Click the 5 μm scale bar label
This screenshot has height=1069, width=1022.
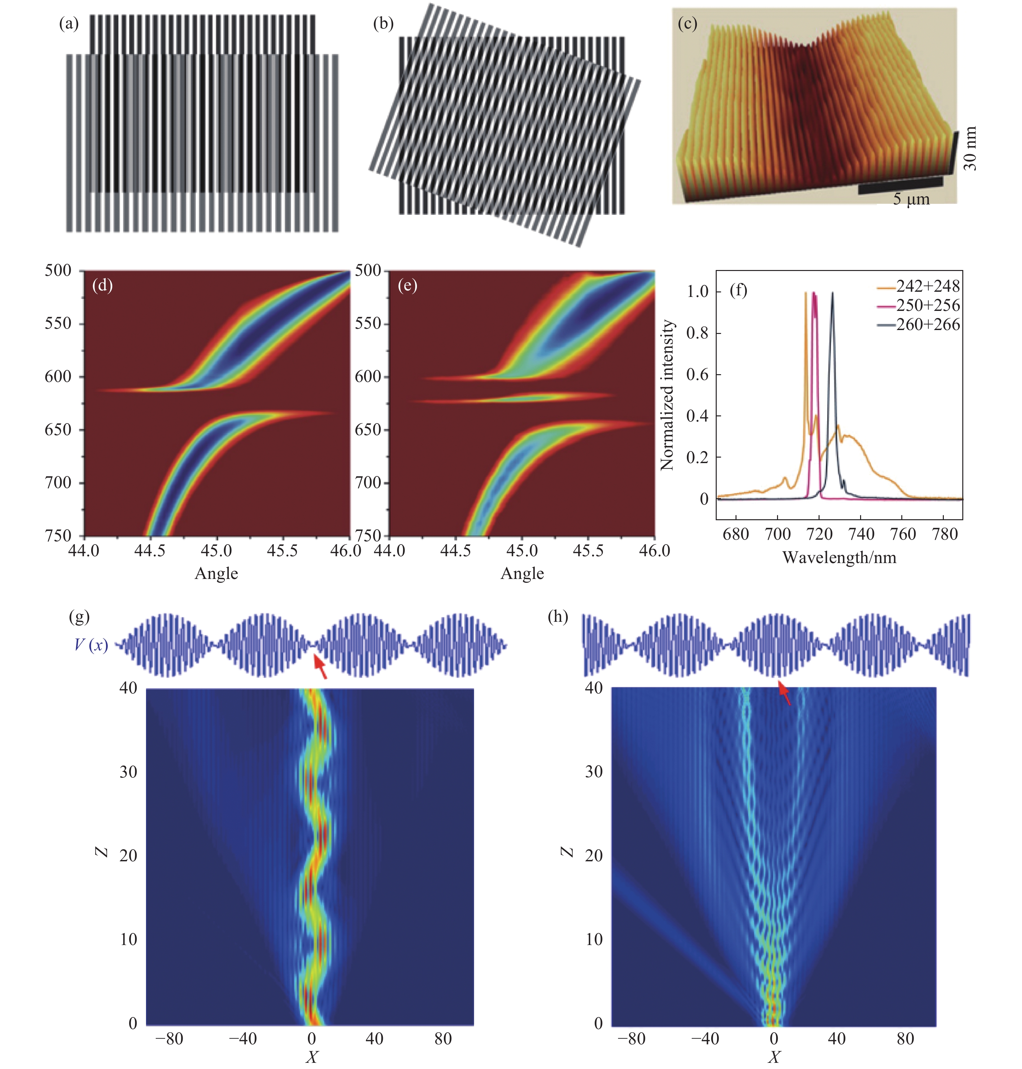pyautogui.click(x=910, y=199)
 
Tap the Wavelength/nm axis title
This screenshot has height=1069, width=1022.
pyautogui.click(x=839, y=558)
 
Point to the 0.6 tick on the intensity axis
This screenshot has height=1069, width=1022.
pyautogui.click(x=697, y=375)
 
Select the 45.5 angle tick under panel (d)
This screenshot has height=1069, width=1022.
pyautogui.click(x=282, y=551)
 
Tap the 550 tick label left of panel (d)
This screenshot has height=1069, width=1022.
pyautogui.click(x=58, y=324)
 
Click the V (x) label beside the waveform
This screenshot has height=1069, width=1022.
pyautogui.click(x=91, y=645)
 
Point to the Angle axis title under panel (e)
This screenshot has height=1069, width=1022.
pyautogui.click(x=522, y=573)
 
